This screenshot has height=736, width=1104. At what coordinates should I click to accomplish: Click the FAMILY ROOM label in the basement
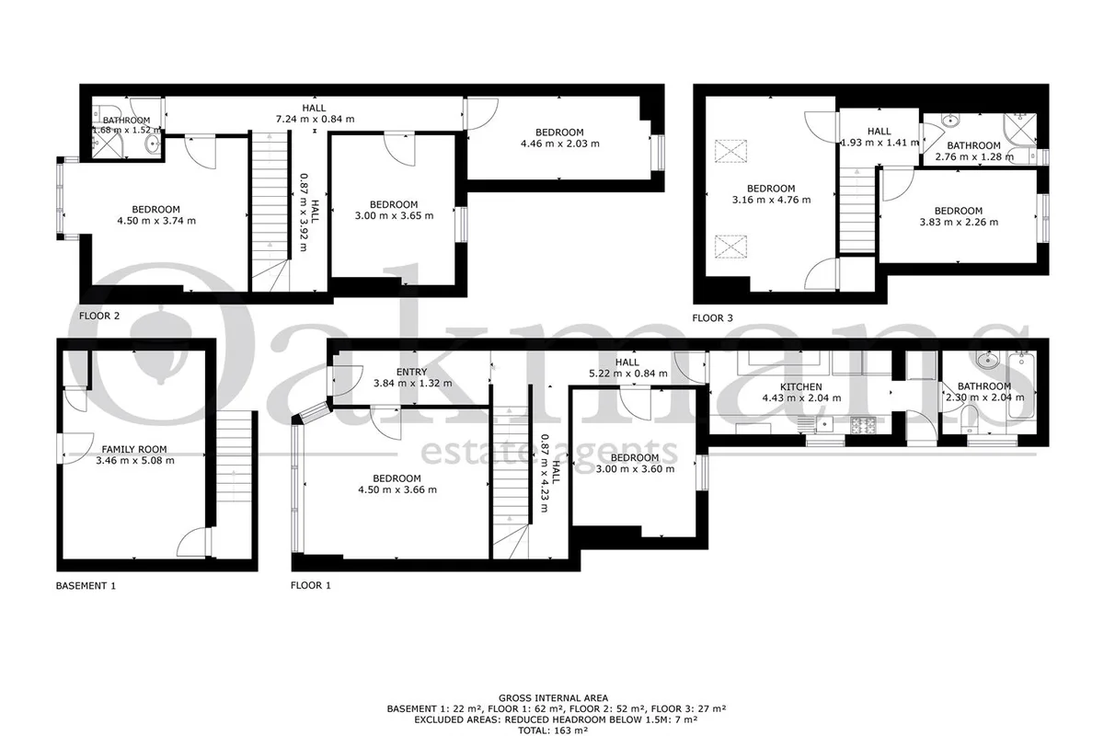pyautogui.click(x=134, y=449)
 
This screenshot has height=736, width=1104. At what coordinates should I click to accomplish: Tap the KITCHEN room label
pyautogui.click(x=801, y=387)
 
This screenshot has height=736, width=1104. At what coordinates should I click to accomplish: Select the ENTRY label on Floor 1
pyautogui.click(x=411, y=373)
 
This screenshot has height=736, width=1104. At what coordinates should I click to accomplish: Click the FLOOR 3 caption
pyautogui.click(x=712, y=318)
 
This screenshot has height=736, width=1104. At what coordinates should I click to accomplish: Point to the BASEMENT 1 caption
pyautogui.click(x=86, y=586)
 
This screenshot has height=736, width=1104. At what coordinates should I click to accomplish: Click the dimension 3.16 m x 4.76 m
pyautogui.click(x=771, y=200)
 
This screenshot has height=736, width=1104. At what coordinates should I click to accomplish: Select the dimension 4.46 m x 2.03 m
pyautogui.click(x=560, y=144)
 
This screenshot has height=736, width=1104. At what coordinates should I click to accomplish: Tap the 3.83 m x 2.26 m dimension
pyautogui.click(x=959, y=223)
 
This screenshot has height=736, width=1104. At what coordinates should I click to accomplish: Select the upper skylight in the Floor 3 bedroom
pyautogui.click(x=730, y=151)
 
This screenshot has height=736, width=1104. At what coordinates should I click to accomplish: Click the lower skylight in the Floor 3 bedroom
pyautogui.click(x=730, y=247)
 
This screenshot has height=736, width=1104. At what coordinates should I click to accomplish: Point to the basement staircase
pyautogui.click(x=234, y=457)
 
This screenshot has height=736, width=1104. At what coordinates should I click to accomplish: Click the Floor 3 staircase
pyautogui.click(x=857, y=210)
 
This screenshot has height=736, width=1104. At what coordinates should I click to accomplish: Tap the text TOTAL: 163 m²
pyautogui.click(x=553, y=730)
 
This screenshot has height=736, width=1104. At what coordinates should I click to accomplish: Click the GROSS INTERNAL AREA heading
pyautogui.click(x=553, y=698)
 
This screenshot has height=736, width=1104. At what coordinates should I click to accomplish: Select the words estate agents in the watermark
pyautogui.click(x=548, y=453)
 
